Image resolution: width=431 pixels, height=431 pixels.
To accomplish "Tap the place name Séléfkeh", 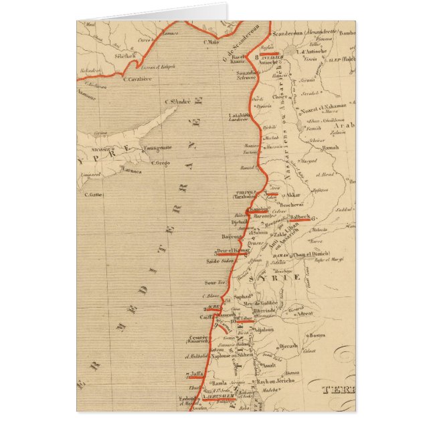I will pos(124,57).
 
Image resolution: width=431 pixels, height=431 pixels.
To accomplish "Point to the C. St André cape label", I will pos(177,102).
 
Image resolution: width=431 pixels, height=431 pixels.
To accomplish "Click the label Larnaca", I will pos(131,171).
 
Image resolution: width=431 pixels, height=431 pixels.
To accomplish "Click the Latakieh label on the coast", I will pos(238,115).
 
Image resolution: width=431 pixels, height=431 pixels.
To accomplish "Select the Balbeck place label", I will pos(298,217).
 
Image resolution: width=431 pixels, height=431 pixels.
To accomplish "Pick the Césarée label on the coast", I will pos(199,337).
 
